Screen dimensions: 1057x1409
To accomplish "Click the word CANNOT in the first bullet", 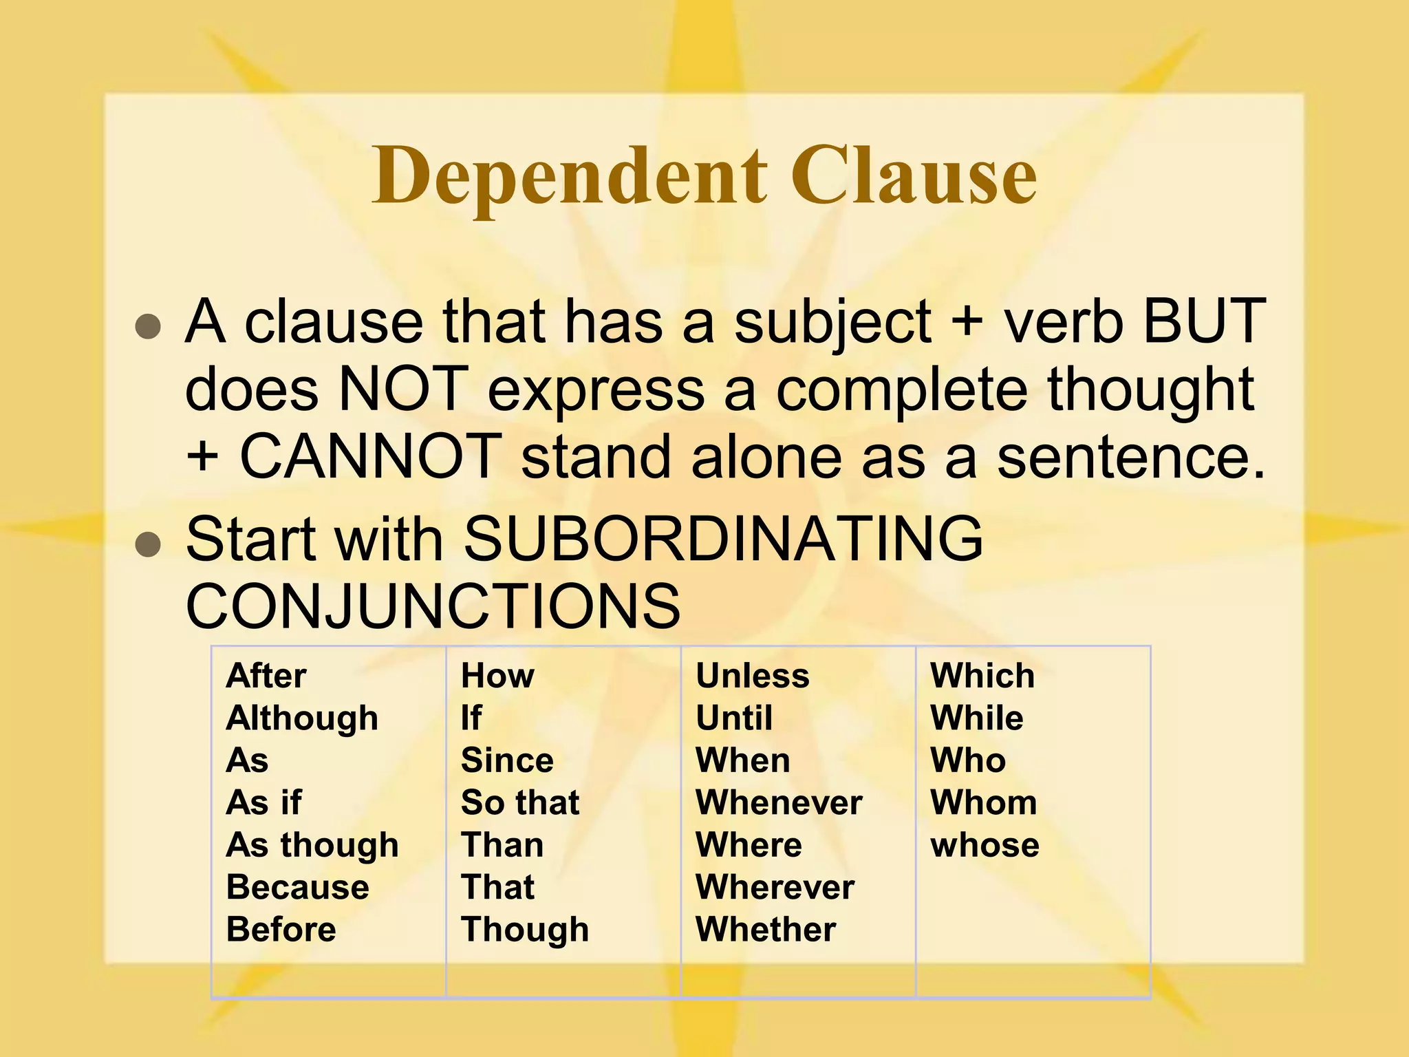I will click(x=370, y=456).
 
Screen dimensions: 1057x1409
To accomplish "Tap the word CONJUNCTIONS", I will click(x=433, y=606).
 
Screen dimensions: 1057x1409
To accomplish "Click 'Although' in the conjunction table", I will click(x=302, y=718).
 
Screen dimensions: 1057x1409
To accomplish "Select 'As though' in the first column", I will click(x=312, y=845).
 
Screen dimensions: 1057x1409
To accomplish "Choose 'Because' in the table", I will click(x=297, y=887).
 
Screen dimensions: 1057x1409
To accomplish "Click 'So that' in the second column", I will click(x=520, y=802).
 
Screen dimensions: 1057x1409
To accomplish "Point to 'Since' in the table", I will click(x=507, y=760).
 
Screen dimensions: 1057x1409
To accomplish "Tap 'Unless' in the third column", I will click(x=753, y=676).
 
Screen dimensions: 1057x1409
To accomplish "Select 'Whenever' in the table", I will click(x=779, y=802).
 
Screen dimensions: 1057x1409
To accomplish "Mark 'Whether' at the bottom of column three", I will click(x=766, y=929).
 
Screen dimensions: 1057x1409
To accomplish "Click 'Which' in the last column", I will click(x=982, y=676).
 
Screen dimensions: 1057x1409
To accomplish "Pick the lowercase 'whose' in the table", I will click(x=985, y=845).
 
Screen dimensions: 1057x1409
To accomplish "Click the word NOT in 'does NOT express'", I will click(x=402, y=389).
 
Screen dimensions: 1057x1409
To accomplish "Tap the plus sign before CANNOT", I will click(x=202, y=457).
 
